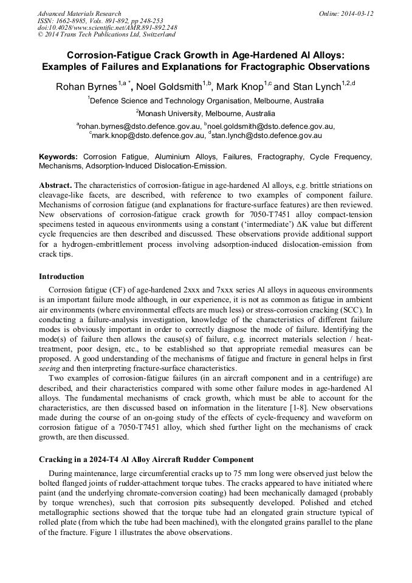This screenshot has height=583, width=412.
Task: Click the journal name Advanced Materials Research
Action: pos(79,13)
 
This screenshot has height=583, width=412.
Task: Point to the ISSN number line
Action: pos(92,21)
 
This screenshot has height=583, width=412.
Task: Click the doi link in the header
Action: pos(107,27)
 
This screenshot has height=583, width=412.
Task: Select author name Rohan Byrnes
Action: pos(86,87)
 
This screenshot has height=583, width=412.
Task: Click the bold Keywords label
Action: pos(58,157)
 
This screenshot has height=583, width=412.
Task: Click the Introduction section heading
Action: pos(61,277)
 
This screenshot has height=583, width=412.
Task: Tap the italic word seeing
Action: pos(50,368)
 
